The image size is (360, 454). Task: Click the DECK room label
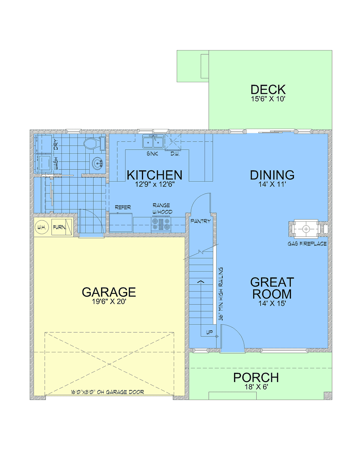pos(268,90)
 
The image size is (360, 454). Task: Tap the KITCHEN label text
pos(154,175)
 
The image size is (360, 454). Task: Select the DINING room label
pos(272,175)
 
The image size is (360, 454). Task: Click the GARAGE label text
pos(109,292)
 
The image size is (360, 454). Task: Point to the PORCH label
pos(256,378)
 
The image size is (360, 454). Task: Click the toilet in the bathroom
pos(93,143)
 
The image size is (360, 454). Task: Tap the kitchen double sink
pos(153,142)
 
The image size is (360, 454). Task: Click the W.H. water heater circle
pos(41,227)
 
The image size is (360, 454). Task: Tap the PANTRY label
pos(200,221)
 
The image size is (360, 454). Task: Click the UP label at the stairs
pos(209,332)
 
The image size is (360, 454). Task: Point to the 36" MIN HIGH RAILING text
pos(221,294)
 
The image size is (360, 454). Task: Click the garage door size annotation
pos(107,392)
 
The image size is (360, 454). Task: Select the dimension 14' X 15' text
pos(272,303)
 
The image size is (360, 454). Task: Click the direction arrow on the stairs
pos(201,282)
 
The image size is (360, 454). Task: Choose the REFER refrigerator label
pos(123,207)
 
